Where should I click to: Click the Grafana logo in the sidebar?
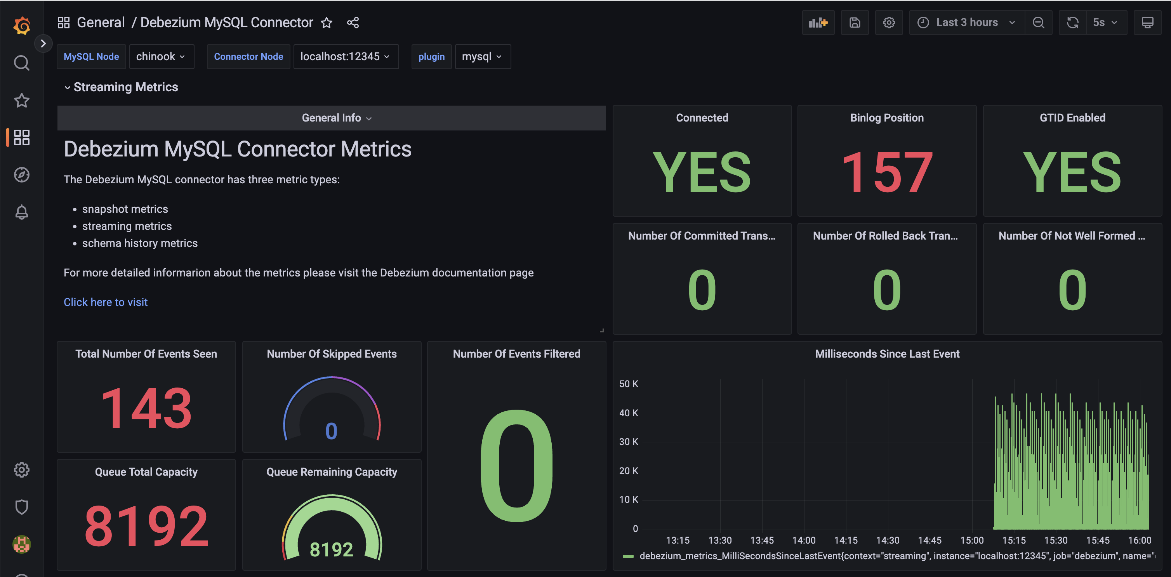(21, 26)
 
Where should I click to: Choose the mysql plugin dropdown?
(482, 56)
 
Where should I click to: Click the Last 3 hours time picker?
(966, 22)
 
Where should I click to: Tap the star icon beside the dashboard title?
(327, 23)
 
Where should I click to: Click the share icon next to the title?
(353, 23)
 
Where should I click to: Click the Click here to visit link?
(106, 302)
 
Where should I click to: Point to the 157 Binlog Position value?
(886, 172)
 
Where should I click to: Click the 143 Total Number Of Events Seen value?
(146, 408)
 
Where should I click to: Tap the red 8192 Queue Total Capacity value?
(146, 526)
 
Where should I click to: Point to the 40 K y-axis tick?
(628, 413)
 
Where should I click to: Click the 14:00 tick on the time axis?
(804, 540)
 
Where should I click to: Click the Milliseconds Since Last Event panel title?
(886, 354)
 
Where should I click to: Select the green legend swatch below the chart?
(628, 556)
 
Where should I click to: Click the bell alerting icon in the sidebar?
(21, 212)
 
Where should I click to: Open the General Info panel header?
(332, 118)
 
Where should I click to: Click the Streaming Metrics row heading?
(125, 87)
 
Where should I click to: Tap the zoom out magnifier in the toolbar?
(1038, 22)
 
